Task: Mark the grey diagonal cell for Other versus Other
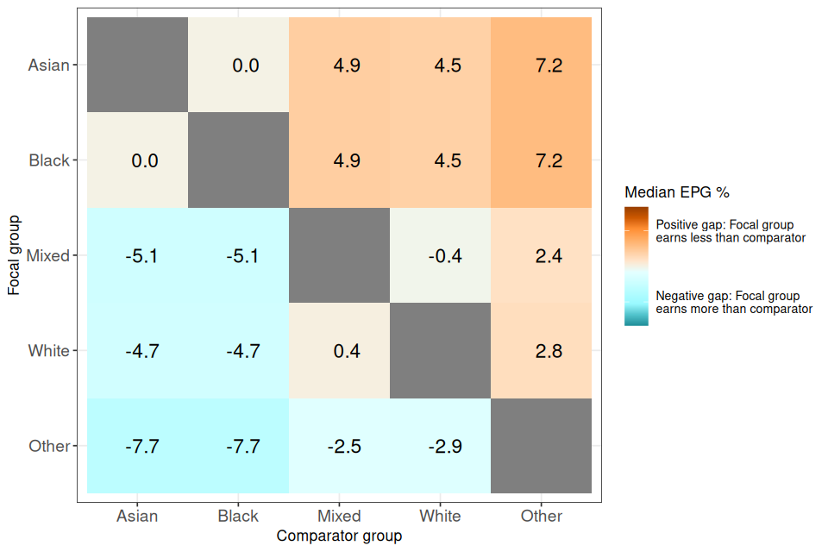click(541, 446)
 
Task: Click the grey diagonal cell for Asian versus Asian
click(137, 66)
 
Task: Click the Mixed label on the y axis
click(48, 255)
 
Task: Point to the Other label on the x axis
click(542, 517)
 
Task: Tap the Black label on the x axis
click(238, 517)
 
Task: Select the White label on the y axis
click(48, 351)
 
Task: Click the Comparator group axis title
click(339, 536)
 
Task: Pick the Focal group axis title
click(14, 255)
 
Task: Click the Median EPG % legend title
click(677, 192)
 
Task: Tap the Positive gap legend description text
click(731, 231)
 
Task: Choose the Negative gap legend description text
click(734, 302)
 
